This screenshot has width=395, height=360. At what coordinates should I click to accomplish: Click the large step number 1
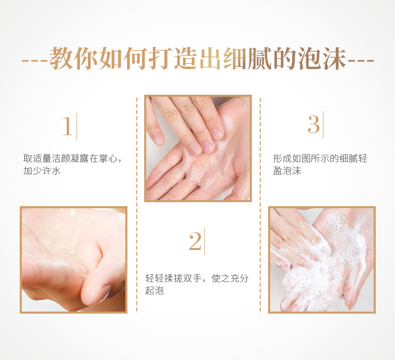[x=67, y=126]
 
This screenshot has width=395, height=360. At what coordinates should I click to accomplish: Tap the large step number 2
[x=195, y=241]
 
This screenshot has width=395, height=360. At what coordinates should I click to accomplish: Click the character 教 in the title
[x=61, y=58]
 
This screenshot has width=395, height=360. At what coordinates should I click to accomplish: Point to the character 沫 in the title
[x=334, y=58]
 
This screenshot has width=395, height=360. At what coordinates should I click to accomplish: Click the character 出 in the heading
[x=210, y=58]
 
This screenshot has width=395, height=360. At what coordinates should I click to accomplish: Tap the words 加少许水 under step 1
[x=42, y=171]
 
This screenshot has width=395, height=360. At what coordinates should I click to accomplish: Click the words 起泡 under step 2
[x=155, y=290]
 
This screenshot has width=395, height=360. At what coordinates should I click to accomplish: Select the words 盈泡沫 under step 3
[x=287, y=171]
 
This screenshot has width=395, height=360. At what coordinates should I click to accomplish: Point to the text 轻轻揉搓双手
[x=174, y=278]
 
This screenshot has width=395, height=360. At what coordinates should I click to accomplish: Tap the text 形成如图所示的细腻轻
[x=320, y=158]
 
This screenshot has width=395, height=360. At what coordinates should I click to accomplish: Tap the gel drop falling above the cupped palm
[x=73, y=212]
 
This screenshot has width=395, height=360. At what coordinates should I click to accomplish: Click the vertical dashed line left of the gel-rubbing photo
[x=137, y=205]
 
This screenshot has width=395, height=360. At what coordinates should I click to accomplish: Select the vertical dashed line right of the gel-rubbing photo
[x=260, y=205]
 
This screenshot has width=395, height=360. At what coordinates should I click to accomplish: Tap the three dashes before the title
[x=35, y=61]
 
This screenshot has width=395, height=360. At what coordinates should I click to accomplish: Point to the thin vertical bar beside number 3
[x=323, y=125]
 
